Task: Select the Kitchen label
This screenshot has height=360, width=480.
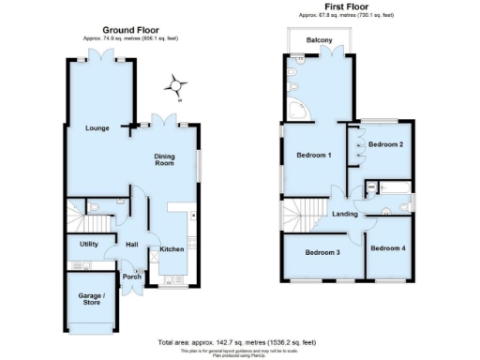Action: coord(171,248)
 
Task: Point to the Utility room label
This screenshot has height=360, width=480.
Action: coord(89,243)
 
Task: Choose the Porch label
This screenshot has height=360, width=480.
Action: coord(132,277)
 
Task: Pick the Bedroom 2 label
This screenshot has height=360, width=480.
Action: coord(385,144)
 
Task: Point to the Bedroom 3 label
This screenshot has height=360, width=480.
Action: coord(322,251)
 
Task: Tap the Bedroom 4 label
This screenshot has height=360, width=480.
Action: coord(387,248)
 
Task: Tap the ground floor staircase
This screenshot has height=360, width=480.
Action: coord(94,222)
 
